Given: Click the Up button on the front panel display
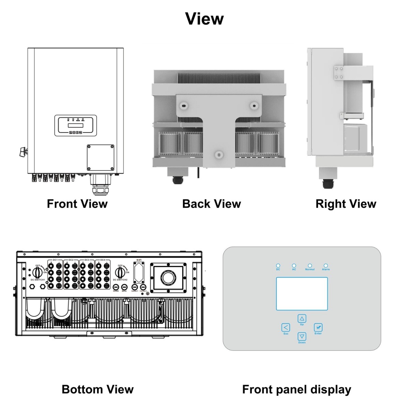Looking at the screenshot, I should [302, 319].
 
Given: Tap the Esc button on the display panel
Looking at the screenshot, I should [286, 328].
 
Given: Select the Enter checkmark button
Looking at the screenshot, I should [318, 328].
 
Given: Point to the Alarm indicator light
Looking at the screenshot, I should [325, 266].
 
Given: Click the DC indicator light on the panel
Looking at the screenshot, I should [278, 266].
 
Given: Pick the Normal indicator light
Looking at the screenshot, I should [310, 266].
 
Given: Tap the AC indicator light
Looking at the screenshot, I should [294, 266].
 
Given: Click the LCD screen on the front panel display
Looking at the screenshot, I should [302, 293].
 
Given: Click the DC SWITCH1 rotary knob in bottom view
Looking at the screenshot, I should [37, 272].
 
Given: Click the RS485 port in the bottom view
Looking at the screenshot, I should [116, 287].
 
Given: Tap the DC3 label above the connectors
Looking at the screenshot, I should [87, 260].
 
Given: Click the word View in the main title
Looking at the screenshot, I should [204, 19].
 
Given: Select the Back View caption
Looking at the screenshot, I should [211, 204].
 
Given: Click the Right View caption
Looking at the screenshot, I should [346, 204].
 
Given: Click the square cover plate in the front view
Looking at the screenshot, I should [100, 157].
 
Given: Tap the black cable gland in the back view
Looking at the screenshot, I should [177, 180].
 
